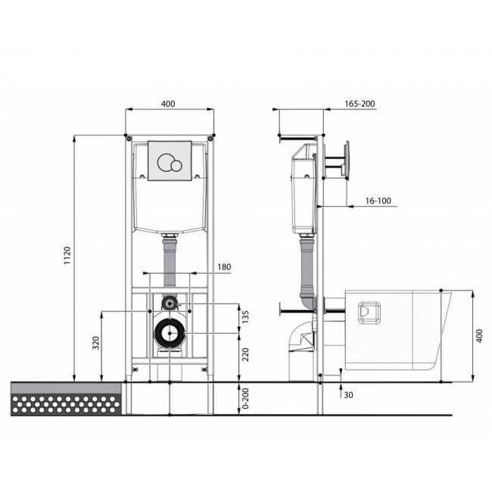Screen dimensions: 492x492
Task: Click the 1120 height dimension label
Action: (67, 255)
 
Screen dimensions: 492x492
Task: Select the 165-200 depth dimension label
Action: (360, 104)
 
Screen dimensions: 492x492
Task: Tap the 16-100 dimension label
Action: (378, 201)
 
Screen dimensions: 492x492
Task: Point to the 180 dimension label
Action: (224, 267)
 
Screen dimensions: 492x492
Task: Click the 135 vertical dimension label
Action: (245, 317)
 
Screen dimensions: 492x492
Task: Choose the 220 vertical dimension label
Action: (245, 354)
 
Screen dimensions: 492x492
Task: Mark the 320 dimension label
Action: (96, 343)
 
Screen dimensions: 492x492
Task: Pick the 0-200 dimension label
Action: (245, 398)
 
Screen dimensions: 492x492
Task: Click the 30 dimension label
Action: (348, 395)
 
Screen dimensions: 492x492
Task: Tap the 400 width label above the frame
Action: (168, 104)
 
